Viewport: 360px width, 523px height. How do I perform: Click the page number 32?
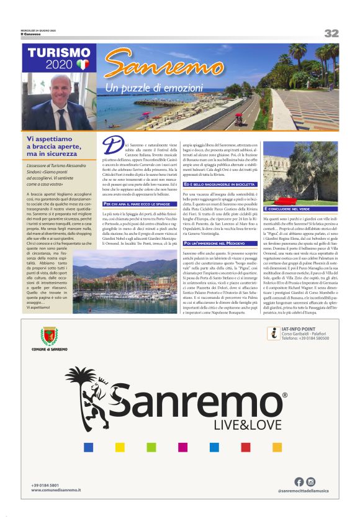pos(331,33)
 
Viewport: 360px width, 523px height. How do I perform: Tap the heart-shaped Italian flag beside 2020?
pos(83,64)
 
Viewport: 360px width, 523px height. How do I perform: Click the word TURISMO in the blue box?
pos(59,53)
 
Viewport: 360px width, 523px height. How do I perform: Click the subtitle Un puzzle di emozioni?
pos(154,88)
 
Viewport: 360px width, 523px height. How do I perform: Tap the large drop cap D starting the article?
pos(110,145)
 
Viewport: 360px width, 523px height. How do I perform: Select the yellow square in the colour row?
pos(119,447)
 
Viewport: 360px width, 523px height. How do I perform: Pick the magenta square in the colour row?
pos(182,447)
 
